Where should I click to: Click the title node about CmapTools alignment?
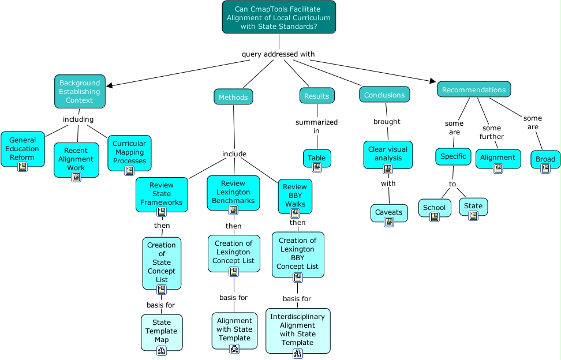coord(279,17)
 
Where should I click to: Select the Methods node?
coord(233,97)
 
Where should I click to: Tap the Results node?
coord(316,96)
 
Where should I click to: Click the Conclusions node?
coord(384,95)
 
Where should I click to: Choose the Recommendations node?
coord(474,89)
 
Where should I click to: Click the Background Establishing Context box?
coord(80,91)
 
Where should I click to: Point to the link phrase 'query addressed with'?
coord(278,54)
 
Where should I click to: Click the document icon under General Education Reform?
coord(23,167)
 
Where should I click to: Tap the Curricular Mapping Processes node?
coord(129,152)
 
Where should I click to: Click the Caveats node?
coord(388,212)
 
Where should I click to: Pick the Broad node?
coord(545,159)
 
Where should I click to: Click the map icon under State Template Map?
coord(162,350)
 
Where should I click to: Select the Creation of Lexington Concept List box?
coord(233,253)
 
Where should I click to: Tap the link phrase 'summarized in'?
coord(316,126)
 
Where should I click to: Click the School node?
coord(434,208)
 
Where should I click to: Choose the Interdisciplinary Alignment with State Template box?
coord(298,329)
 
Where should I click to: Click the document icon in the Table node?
coord(317,167)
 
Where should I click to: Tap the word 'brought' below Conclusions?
coord(387,122)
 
